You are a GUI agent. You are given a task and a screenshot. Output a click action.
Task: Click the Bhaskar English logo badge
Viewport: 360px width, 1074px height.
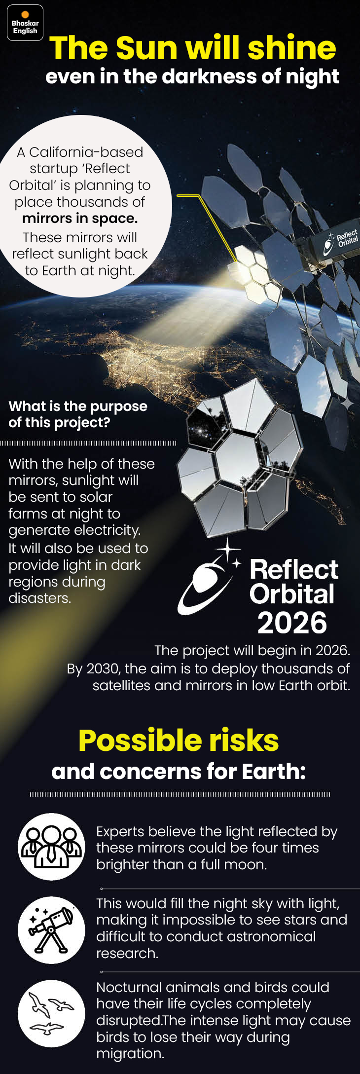tap(25, 23)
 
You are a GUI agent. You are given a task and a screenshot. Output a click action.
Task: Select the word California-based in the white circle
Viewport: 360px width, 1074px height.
tap(86, 152)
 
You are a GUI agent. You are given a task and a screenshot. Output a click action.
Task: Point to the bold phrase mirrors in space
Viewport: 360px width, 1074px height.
tap(80, 219)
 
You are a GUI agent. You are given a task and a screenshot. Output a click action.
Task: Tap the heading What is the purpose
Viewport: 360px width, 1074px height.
tap(78, 406)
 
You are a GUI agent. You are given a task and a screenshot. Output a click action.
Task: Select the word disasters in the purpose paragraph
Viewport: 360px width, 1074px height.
tap(39, 598)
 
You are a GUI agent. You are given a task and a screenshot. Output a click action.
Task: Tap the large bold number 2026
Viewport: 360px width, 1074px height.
tap(292, 623)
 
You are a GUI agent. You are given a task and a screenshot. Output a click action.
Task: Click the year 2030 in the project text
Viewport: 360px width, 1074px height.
tap(103, 668)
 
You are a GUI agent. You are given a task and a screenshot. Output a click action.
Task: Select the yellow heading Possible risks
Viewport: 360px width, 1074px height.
tap(179, 741)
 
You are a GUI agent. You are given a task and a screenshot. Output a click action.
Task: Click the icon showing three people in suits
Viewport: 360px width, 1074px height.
tap(51, 847)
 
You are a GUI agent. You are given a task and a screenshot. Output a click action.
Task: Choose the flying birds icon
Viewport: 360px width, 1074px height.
tap(51, 1013)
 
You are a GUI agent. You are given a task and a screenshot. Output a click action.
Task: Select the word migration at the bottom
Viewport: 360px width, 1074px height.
tap(130, 1054)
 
